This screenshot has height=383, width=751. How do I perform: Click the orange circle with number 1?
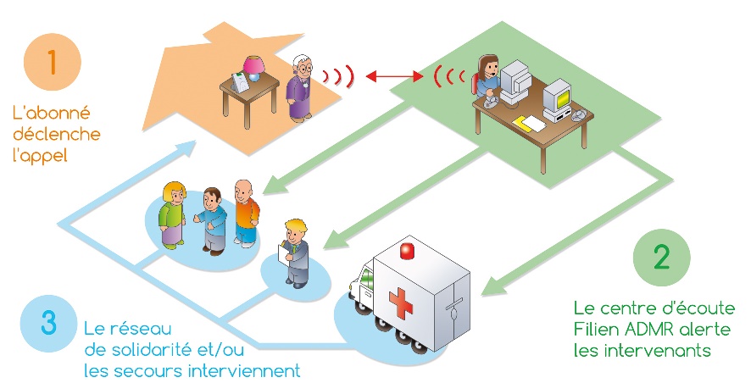point(53,62)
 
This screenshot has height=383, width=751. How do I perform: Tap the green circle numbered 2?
point(661,258)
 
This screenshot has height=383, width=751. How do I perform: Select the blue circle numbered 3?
point(49,323)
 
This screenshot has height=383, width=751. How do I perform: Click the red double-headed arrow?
point(394,75)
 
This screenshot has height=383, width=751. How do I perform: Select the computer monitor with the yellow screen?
point(558,99)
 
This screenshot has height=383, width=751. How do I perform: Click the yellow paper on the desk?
point(529,124)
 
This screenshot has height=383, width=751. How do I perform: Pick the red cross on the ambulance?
point(401,303)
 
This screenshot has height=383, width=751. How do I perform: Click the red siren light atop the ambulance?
point(407,251)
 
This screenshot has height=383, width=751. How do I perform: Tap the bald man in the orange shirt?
point(246,214)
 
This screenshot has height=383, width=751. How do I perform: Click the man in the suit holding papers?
point(296,253)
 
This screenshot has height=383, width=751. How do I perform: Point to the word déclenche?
point(57,134)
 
